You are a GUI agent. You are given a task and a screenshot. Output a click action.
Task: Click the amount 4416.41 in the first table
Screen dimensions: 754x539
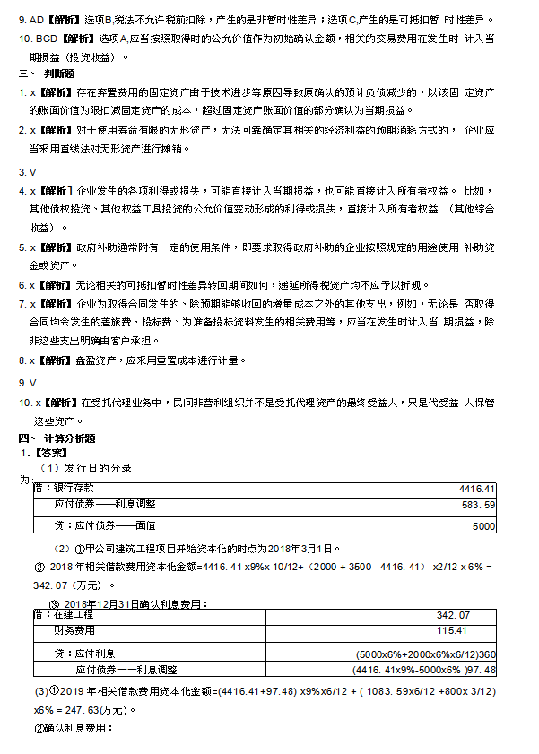(476, 490)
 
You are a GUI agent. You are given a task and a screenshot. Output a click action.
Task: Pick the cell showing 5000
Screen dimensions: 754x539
(482, 525)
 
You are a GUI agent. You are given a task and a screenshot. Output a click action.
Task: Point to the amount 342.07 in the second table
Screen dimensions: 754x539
(452, 615)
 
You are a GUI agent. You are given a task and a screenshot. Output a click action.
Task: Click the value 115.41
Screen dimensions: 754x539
(452, 633)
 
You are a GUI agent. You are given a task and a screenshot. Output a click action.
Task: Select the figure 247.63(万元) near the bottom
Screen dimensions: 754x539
(93, 709)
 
